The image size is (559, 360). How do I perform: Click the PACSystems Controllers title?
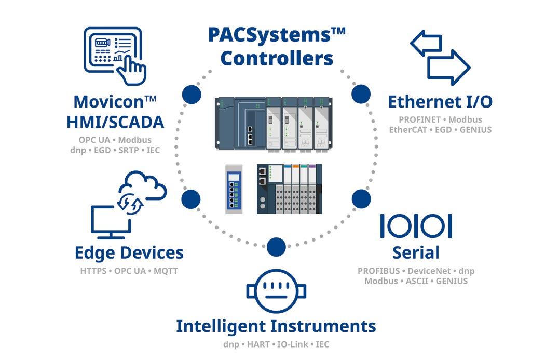tap(276, 47)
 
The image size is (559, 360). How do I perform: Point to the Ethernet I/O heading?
tap(440, 101)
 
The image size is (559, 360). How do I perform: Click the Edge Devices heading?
tap(129, 253)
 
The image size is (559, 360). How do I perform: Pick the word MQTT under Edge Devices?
tap(166, 271)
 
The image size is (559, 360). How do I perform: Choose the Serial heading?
tap(416, 253)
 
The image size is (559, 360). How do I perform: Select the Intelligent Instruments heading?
tap(276, 327)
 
